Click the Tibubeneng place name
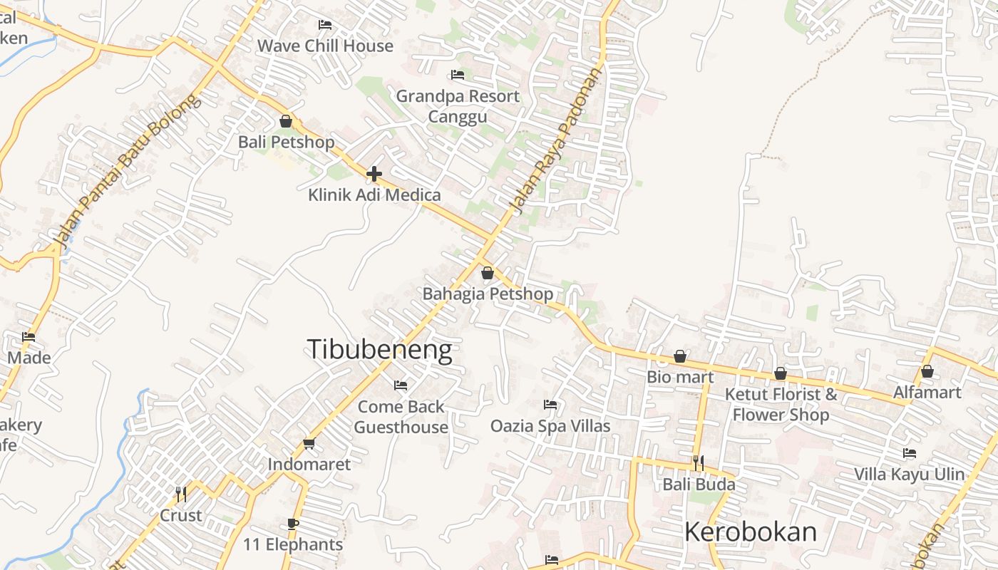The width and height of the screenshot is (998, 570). tap(379, 350)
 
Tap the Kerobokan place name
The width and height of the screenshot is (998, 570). tap(751, 532)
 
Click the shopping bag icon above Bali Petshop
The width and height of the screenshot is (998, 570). tap(286, 121)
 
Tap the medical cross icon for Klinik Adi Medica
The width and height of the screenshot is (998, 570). tap(374, 174)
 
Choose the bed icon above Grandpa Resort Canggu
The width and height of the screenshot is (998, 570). tap(458, 75)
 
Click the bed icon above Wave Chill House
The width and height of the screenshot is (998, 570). tap(325, 25)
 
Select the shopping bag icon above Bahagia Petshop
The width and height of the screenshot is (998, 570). tap(488, 273)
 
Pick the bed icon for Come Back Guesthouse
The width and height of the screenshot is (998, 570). tap(401, 385)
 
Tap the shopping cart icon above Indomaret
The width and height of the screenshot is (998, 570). tap(309, 444)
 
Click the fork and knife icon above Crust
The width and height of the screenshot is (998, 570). tap(181, 494)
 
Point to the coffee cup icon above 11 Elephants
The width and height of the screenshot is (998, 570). tap(293, 524)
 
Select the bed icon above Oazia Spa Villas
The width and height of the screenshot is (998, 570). tap(550, 405)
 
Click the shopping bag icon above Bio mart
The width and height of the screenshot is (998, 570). tap(680, 356)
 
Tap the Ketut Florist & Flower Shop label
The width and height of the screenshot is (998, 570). tap(781, 404)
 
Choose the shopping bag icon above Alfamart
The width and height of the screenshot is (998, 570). tap(927, 371)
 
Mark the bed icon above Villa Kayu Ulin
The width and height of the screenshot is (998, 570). tap(910, 453)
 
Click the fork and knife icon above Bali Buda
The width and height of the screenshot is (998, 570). tap(699, 463)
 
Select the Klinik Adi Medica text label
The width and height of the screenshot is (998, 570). tap(374, 195)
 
